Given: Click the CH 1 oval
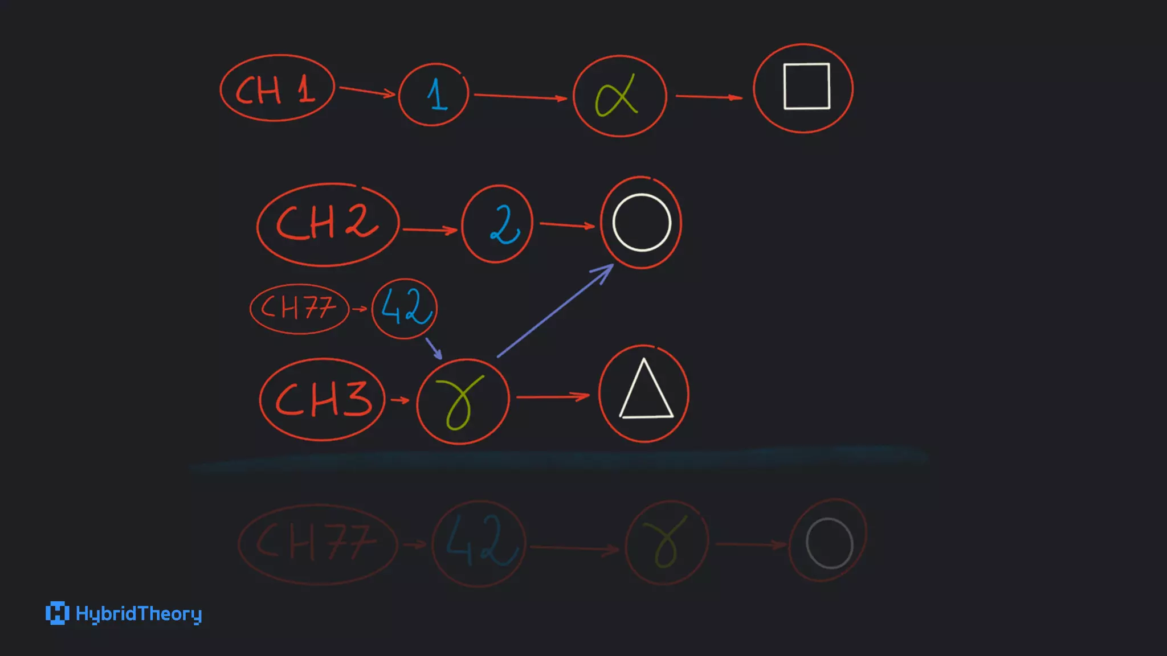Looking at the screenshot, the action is tap(277, 88).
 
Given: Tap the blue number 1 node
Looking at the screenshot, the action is tap(434, 94).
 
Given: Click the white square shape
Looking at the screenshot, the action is tap(806, 86).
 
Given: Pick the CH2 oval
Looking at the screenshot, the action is tap(328, 224).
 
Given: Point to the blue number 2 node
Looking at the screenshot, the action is tap(497, 224).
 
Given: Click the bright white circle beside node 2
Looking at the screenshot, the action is tap(642, 222).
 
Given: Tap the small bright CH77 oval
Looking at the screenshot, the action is tap(299, 309).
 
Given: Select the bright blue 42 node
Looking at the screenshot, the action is tap(405, 308).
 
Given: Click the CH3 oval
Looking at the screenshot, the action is tap(323, 399).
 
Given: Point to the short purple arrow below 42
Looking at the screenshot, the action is tap(434, 348).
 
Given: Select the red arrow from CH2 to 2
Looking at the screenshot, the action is tap(430, 229).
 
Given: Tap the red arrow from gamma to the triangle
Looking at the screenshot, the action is tap(552, 396).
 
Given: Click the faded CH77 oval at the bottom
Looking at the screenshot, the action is tap(317, 544).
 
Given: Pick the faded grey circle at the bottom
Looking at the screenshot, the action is tap(829, 543).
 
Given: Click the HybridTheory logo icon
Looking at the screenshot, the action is tap(57, 613).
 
